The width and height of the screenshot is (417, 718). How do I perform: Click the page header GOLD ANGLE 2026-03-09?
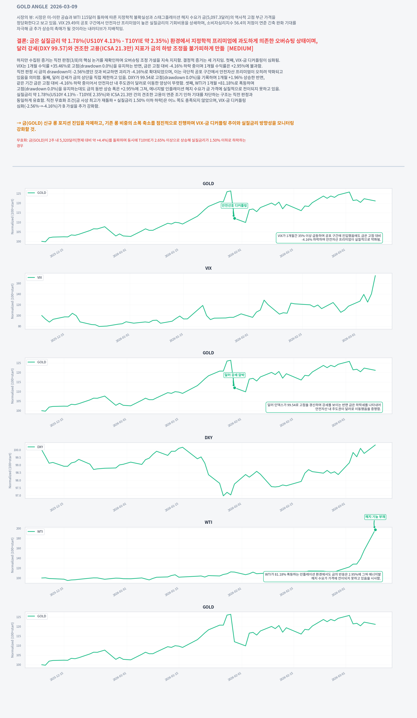47,7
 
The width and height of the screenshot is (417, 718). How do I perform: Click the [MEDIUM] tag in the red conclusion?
240,48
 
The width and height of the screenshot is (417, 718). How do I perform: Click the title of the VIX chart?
208,268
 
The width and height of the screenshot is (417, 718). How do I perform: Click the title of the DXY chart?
208,438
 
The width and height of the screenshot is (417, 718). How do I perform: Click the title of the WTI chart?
208,522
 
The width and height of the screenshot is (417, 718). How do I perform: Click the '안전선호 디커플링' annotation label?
234,205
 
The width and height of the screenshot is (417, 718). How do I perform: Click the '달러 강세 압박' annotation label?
234,375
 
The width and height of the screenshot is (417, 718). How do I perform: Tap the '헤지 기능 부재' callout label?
375,517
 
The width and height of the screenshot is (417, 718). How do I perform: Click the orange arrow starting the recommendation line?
19,123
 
